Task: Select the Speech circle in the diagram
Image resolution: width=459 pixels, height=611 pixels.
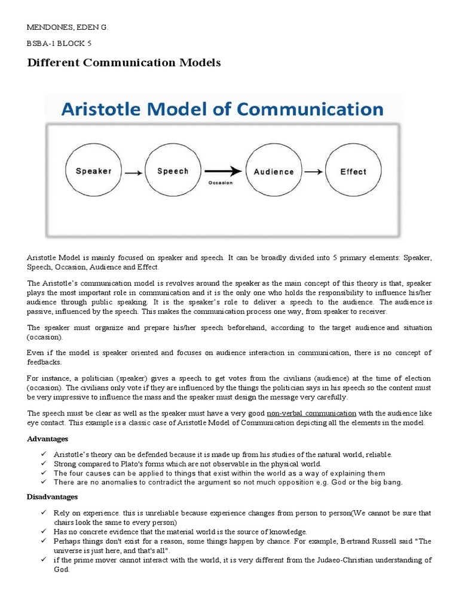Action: tap(173, 171)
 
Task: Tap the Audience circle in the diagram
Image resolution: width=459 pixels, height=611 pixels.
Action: tap(274, 171)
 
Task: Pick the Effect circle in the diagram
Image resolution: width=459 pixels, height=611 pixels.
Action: tap(353, 171)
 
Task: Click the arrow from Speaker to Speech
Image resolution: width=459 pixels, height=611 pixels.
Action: tap(133, 173)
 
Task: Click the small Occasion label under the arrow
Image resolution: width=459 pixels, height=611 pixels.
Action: tap(220, 183)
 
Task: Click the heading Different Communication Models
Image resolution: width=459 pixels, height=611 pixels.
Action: tap(124, 63)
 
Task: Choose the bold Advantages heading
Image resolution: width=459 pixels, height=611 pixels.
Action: tap(49, 439)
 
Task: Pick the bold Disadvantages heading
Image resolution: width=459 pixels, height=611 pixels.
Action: tap(53, 496)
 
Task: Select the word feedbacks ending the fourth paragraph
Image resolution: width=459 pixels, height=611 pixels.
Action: tap(44, 362)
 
